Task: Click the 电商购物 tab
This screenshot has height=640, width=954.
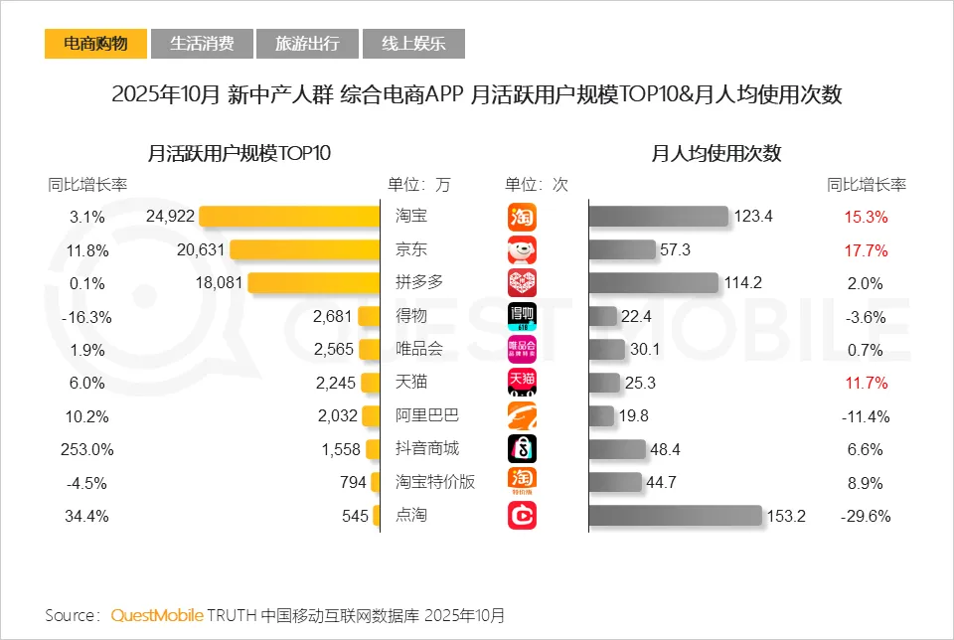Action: click(x=95, y=44)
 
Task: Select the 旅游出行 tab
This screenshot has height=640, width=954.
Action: click(x=307, y=44)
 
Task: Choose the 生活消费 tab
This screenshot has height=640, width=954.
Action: click(x=202, y=44)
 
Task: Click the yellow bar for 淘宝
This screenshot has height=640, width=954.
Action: click(x=290, y=216)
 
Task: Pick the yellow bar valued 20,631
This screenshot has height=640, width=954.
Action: click(x=305, y=249)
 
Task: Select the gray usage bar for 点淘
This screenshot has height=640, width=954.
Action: click(x=676, y=516)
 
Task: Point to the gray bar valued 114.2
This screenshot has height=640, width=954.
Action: click(x=653, y=283)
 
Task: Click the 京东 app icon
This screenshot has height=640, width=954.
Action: click(x=522, y=249)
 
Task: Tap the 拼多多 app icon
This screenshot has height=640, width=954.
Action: click(x=522, y=283)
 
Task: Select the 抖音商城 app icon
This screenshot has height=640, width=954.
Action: click(x=522, y=449)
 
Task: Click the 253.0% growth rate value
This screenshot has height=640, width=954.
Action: click(x=87, y=449)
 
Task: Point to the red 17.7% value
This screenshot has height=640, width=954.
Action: click(x=866, y=249)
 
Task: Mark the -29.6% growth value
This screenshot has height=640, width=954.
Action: click(x=866, y=516)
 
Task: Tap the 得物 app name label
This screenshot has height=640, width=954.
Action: click(x=411, y=316)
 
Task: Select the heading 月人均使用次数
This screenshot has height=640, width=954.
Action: click(x=715, y=153)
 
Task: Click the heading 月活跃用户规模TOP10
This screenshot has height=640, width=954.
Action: click(x=238, y=153)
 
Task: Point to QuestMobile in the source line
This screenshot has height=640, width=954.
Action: click(x=157, y=615)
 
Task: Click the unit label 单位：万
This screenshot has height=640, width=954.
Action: click(x=418, y=184)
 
